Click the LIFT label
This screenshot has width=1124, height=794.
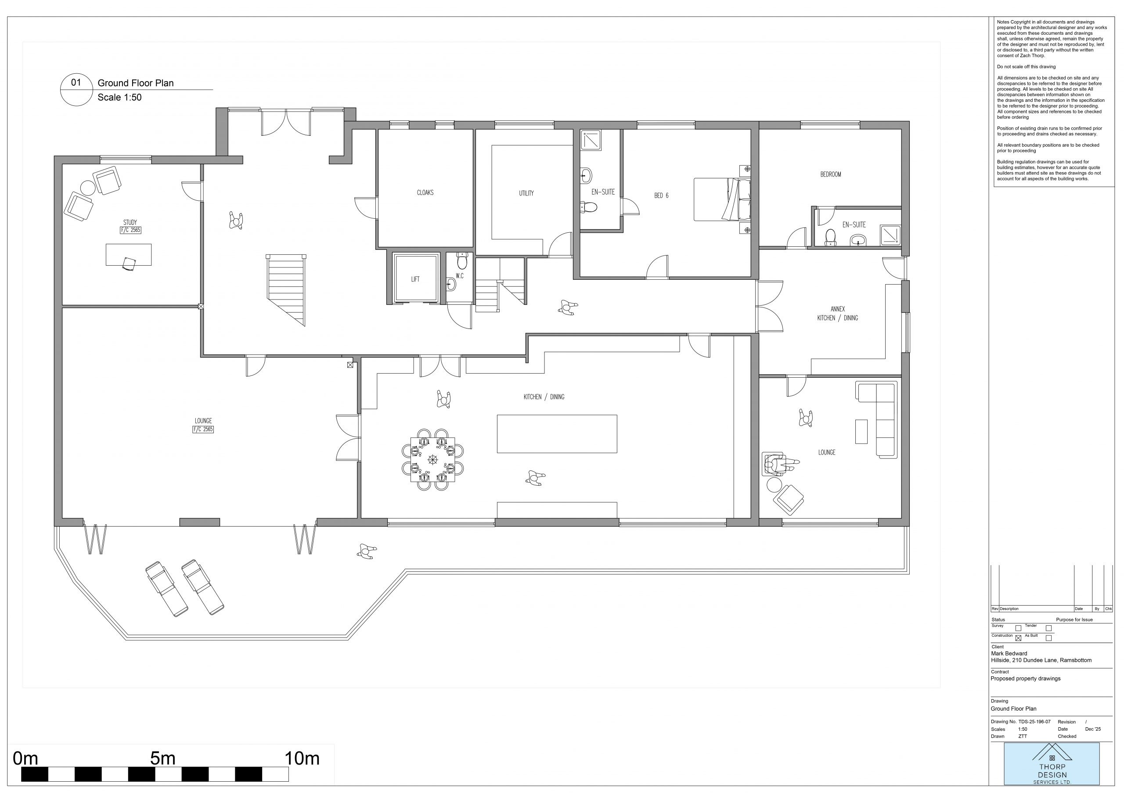click(x=415, y=279)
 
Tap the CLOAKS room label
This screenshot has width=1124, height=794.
click(x=425, y=193)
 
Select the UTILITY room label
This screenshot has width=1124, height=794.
click(x=526, y=193)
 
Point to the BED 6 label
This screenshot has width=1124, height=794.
click(x=661, y=196)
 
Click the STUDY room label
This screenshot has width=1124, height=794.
click(x=130, y=223)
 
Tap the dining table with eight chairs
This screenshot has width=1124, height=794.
click(x=433, y=459)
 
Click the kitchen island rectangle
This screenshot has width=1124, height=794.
click(x=557, y=434)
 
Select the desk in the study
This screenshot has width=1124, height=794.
click(x=128, y=255)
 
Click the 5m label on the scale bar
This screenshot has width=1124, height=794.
click(x=162, y=758)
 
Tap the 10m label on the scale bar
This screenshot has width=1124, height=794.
click(x=302, y=758)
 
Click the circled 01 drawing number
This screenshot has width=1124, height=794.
click(x=76, y=82)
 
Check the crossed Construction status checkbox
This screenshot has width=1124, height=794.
click(x=1018, y=638)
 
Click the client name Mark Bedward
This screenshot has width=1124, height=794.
click(x=1009, y=653)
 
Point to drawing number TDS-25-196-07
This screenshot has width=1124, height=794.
click(x=1034, y=722)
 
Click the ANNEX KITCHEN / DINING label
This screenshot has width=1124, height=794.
click(x=838, y=313)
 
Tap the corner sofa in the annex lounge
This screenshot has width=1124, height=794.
click(x=877, y=420)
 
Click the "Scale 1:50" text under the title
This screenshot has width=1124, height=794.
click(x=119, y=97)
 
